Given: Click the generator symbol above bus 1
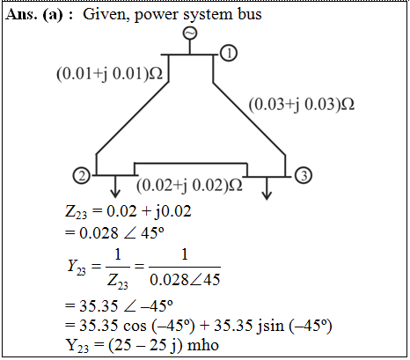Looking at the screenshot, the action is click(190, 33).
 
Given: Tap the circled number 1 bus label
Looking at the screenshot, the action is click(229, 53).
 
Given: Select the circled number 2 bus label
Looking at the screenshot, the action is click(82, 176).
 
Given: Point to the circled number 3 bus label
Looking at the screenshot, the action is click(304, 175).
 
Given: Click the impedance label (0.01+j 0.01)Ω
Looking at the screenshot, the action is click(109, 73).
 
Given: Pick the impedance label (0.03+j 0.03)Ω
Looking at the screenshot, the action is click(302, 105).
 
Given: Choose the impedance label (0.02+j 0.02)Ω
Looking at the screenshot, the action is click(189, 185).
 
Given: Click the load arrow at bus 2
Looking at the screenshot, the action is click(115, 187).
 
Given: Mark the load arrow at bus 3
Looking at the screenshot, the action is click(267, 188).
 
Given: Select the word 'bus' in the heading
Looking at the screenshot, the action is click(250, 14).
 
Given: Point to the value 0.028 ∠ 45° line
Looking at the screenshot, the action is click(114, 233).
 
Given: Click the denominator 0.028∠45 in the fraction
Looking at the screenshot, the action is click(185, 279).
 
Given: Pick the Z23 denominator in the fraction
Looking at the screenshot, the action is click(118, 281).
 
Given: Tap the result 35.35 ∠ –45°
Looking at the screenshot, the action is click(119, 306).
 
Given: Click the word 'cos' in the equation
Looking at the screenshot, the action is click(135, 327).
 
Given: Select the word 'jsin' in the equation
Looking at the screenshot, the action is click(270, 326).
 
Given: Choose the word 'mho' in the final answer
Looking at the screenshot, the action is click(203, 345).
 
